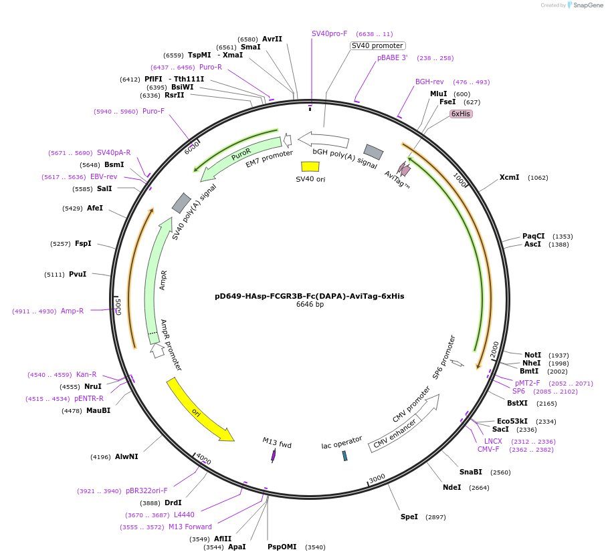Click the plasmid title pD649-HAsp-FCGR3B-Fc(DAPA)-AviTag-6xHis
[x=309, y=295]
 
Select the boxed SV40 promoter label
[x=377, y=45]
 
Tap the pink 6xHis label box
[x=461, y=114]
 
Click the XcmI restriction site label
[x=509, y=177]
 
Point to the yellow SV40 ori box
[x=310, y=166]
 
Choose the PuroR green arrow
[x=241, y=158]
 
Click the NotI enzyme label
[x=532, y=355]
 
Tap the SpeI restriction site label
[x=409, y=517]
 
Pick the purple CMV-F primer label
[x=488, y=449]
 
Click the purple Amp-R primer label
[x=72, y=311]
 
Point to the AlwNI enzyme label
[x=126, y=456]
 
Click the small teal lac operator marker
[x=344, y=455]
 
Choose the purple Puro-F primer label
[x=153, y=111]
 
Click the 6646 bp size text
[x=310, y=305]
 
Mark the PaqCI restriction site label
[x=533, y=236]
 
